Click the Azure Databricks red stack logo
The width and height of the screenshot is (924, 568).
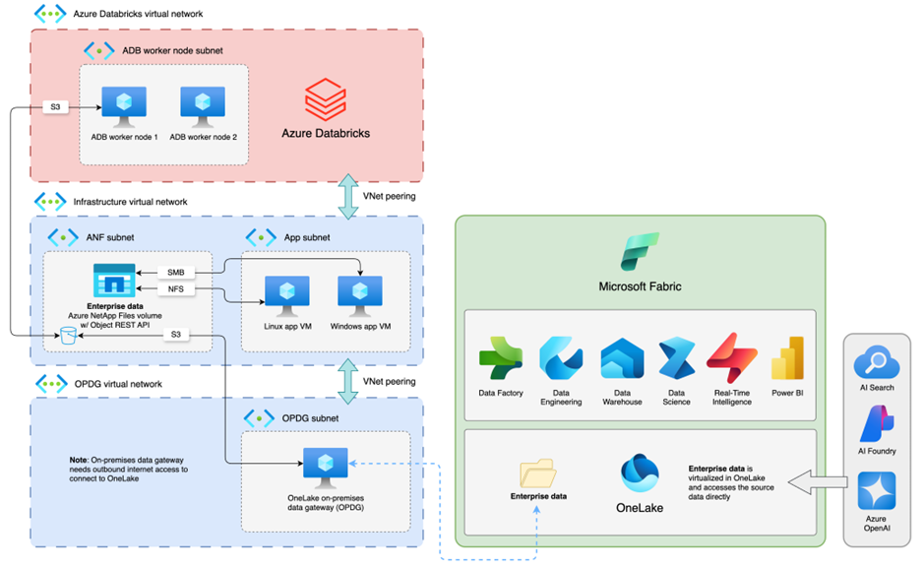[326, 99]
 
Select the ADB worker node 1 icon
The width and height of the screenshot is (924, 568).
[124, 105]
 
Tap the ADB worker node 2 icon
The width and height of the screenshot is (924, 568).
[203, 105]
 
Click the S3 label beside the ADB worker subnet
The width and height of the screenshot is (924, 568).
[57, 107]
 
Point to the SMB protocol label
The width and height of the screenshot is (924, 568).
[176, 272]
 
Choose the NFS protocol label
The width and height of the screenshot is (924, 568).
[176, 289]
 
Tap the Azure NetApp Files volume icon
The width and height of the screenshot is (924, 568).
[113, 281]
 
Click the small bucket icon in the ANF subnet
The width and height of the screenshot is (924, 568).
[68, 337]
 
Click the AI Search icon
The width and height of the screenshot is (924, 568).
[875, 362]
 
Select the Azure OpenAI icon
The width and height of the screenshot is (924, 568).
[875, 490]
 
